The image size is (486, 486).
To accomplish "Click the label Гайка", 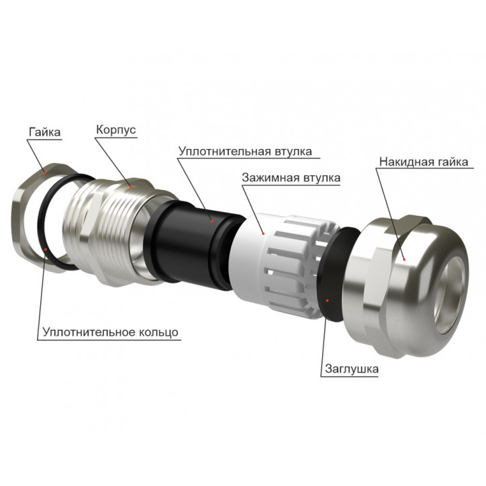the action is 44,132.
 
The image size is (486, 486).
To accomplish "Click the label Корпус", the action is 116,130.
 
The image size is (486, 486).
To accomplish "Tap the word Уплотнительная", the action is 225,152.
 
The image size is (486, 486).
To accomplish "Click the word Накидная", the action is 407,162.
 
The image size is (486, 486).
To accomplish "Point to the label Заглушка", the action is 352,369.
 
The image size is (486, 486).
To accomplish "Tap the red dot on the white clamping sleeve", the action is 263,233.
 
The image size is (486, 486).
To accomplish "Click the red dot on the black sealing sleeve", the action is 212,221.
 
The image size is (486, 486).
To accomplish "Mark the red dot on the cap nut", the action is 404,259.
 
